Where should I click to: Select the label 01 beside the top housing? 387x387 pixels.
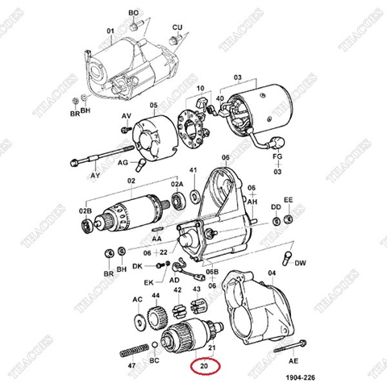point(110,32)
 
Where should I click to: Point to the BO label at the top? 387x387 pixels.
point(134,14)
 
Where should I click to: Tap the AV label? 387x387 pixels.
point(126,116)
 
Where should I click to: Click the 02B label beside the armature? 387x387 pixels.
point(85,210)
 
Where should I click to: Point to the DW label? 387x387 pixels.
point(300,263)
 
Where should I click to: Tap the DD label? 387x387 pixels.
point(275,207)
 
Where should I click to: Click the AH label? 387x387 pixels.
point(252,202)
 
